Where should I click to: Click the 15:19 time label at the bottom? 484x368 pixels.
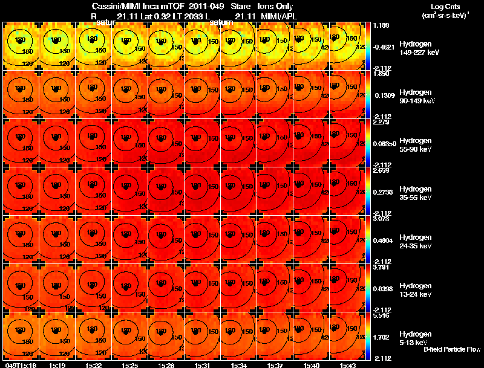[x=57, y=365]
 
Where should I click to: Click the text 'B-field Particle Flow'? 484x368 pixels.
[x=451, y=349]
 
